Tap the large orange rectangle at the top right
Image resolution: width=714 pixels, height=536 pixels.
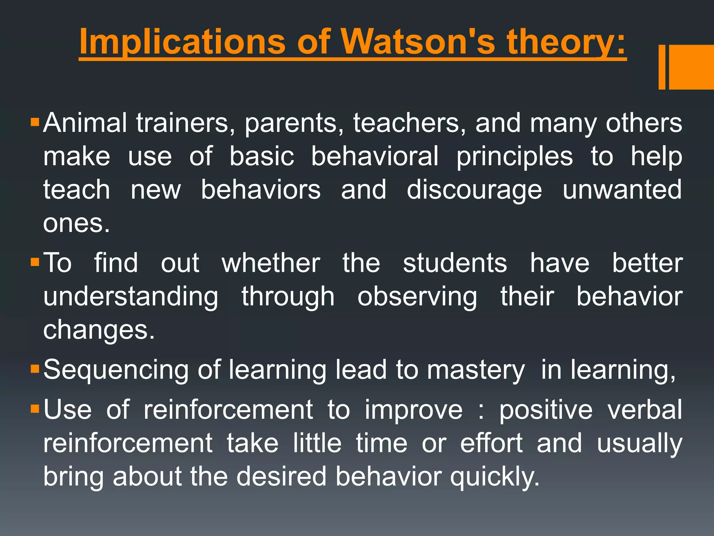692,67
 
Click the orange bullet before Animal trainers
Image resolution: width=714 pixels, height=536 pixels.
35,122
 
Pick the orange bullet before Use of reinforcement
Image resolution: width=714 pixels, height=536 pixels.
35,409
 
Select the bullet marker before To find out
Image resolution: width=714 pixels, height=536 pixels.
35,262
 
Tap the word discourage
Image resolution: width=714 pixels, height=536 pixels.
474,190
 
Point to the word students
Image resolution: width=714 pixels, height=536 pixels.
455,263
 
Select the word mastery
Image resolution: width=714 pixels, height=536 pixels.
476,370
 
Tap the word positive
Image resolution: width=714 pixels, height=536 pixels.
546,410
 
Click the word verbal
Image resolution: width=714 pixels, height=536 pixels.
645,410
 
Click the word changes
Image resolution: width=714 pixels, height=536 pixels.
99,330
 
